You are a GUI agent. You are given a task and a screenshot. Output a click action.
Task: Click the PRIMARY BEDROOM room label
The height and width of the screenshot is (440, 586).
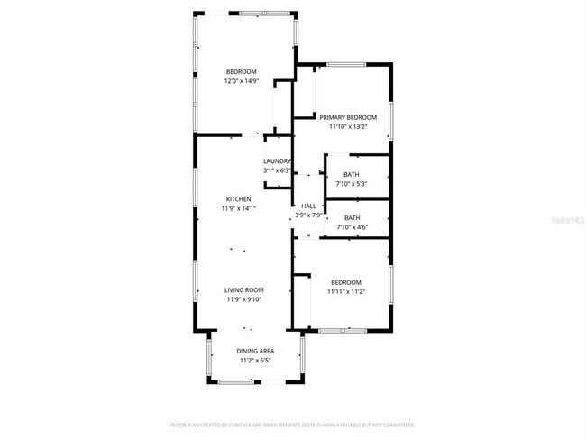(x=348, y=116)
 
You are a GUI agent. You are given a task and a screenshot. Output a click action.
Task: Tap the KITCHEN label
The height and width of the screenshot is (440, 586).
(x=239, y=199)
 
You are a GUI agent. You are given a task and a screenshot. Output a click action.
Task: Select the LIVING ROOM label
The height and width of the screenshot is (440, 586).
(x=243, y=289)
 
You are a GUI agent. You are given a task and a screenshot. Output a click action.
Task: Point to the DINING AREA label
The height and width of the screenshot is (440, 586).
(x=255, y=351)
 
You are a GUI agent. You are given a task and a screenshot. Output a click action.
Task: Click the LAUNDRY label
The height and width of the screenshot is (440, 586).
(x=277, y=161)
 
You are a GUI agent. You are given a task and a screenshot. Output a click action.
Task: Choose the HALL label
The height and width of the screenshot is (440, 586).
(x=308, y=206)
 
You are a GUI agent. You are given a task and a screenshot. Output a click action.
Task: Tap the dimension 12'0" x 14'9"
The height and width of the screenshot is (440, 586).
(x=242, y=81)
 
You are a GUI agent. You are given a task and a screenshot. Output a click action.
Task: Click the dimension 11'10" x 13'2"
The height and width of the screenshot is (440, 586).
(x=348, y=126)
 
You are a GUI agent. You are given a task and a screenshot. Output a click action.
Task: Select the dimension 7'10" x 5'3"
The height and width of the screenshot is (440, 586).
(x=352, y=184)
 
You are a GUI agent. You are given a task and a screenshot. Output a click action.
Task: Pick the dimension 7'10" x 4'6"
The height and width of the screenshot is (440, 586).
(x=352, y=227)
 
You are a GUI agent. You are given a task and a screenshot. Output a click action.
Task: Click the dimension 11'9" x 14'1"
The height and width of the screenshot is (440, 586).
(x=239, y=208)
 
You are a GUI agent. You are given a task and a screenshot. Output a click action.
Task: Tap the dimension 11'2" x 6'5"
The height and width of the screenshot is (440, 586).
(x=255, y=361)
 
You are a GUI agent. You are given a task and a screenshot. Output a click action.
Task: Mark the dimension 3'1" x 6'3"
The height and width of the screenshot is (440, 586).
(x=277, y=170)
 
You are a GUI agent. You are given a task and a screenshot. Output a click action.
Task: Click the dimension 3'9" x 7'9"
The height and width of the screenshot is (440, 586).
(x=308, y=215)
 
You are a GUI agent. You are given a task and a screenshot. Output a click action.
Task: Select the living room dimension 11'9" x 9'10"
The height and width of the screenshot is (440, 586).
(x=243, y=299)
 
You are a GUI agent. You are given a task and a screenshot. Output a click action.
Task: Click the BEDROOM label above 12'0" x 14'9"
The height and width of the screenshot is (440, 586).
(x=242, y=71)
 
